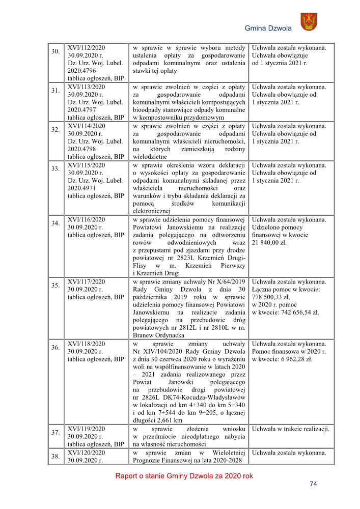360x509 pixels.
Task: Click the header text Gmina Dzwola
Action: (268, 29)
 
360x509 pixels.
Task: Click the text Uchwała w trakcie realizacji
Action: (290, 429)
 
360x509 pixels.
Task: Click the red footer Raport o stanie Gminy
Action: (184, 476)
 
